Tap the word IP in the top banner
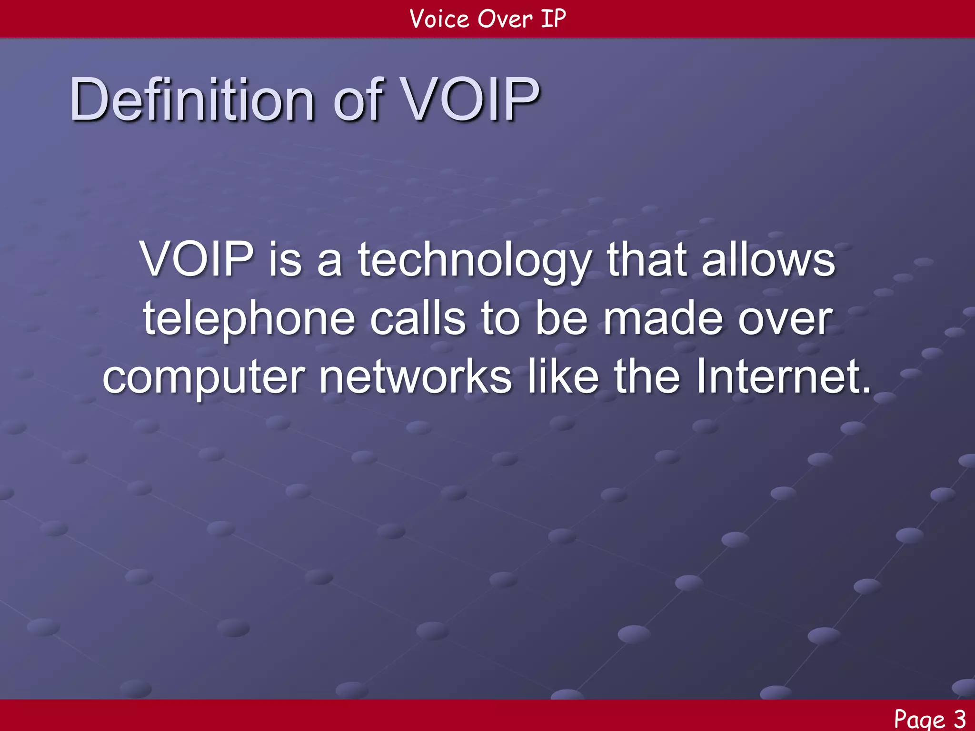click(553, 19)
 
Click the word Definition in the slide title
click(191, 100)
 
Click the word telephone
click(249, 320)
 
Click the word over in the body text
click(785, 320)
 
